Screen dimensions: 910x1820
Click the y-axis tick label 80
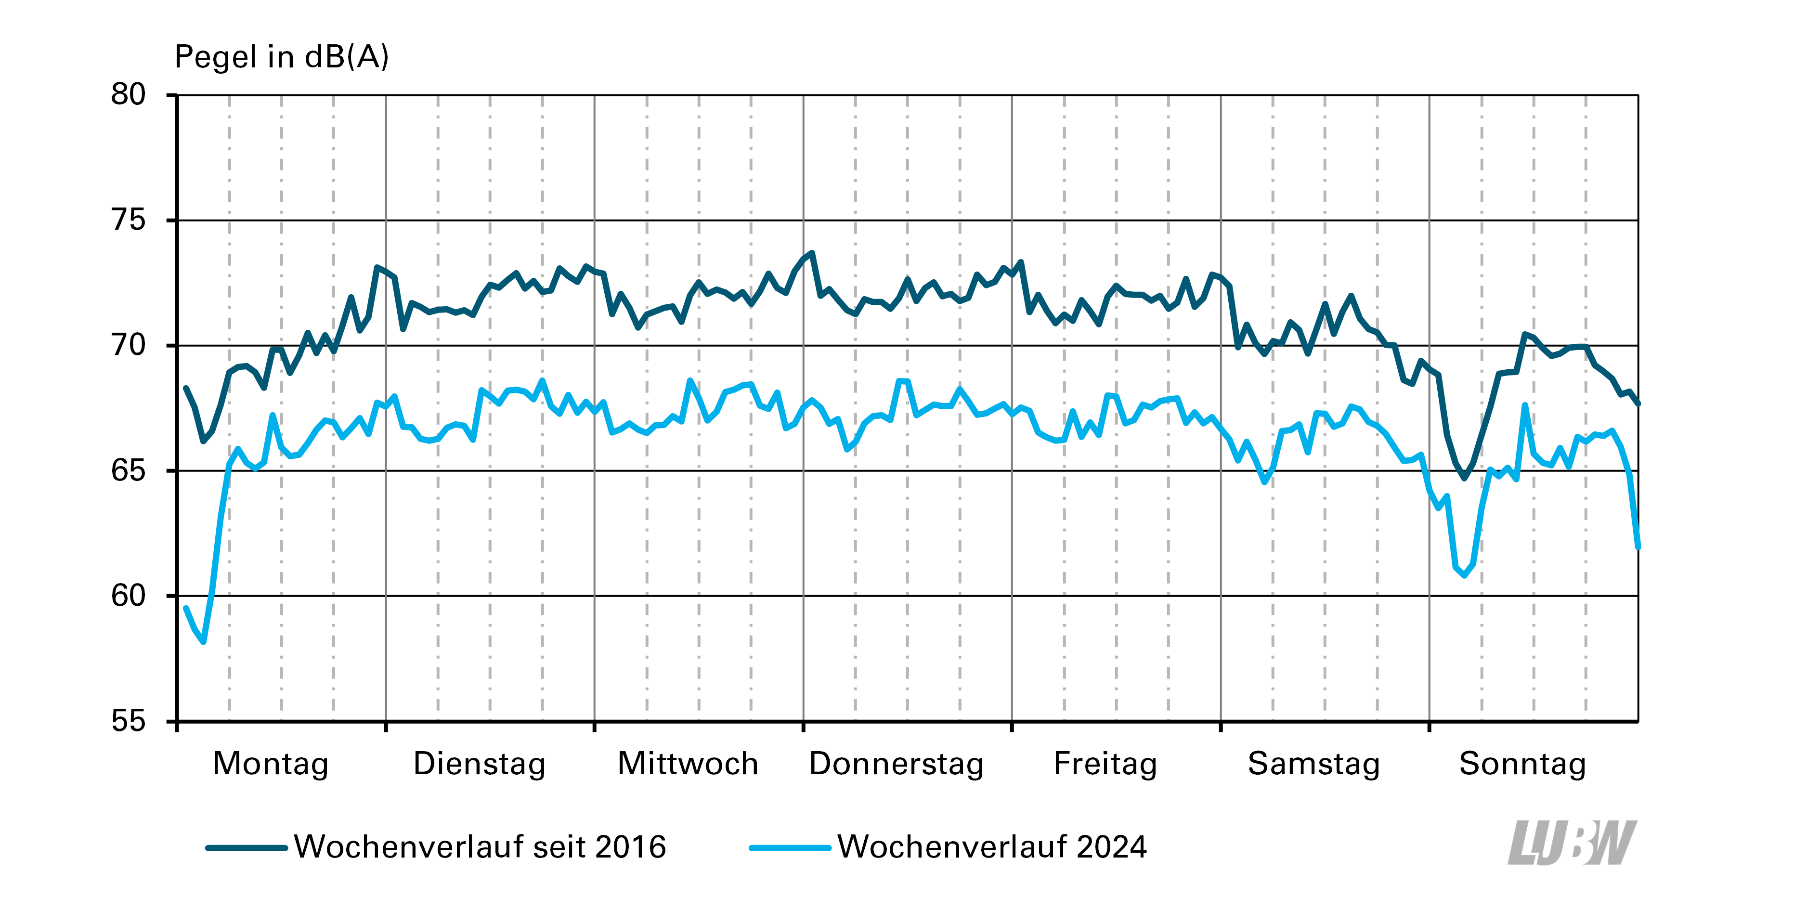[x=128, y=95]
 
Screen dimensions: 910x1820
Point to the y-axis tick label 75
[x=128, y=221]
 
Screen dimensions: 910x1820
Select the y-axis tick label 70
[x=128, y=346]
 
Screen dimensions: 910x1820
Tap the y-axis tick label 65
[x=128, y=470]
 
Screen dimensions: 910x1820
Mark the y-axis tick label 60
[x=128, y=596]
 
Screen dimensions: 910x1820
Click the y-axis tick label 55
[x=128, y=721]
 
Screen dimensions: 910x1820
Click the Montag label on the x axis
[x=271, y=764]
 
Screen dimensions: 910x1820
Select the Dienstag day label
[x=479, y=764]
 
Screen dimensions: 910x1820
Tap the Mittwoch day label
[x=688, y=764]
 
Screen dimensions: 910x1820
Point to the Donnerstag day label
[x=896, y=764]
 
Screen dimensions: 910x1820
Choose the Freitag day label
[x=1105, y=764]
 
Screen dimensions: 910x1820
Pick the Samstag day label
[x=1313, y=764]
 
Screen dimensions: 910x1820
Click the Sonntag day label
[x=1522, y=764]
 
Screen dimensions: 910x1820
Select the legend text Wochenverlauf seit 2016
[x=480, y=847]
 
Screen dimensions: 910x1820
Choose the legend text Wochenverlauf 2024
[x=992, y=847]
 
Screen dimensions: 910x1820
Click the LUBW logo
[x=1572, y=843]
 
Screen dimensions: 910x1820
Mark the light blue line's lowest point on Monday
[x=204, y=641]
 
